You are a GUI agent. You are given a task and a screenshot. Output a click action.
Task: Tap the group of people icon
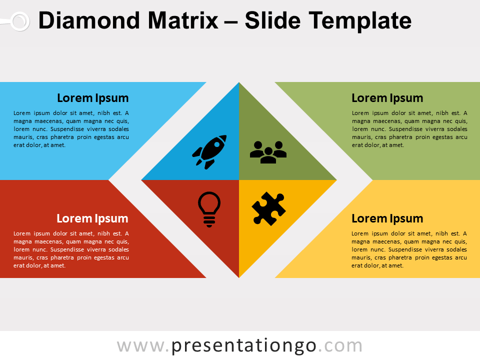point(268,152)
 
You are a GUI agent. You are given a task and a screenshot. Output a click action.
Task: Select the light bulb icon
point(209,209)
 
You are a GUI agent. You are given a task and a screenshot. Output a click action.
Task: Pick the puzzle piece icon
point(268,209)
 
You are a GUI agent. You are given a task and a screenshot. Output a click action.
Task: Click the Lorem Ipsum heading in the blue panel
point(92,98)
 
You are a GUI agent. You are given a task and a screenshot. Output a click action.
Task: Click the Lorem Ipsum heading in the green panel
point(387,98)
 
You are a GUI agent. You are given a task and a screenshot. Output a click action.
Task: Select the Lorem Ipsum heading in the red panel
point(92,218)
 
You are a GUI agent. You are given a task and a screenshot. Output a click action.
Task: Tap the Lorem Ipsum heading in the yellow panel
point(387,218)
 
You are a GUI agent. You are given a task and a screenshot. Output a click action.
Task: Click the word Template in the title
point(360,21)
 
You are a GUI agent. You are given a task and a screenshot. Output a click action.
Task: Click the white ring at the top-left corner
point(19,21)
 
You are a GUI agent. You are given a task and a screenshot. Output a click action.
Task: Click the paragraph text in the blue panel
point(71,129)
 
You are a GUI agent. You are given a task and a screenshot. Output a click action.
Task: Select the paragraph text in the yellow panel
point(409,249)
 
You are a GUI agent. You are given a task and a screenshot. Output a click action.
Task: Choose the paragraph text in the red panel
point(71,249)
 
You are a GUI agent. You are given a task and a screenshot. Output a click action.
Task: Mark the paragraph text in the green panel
point(409,129)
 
